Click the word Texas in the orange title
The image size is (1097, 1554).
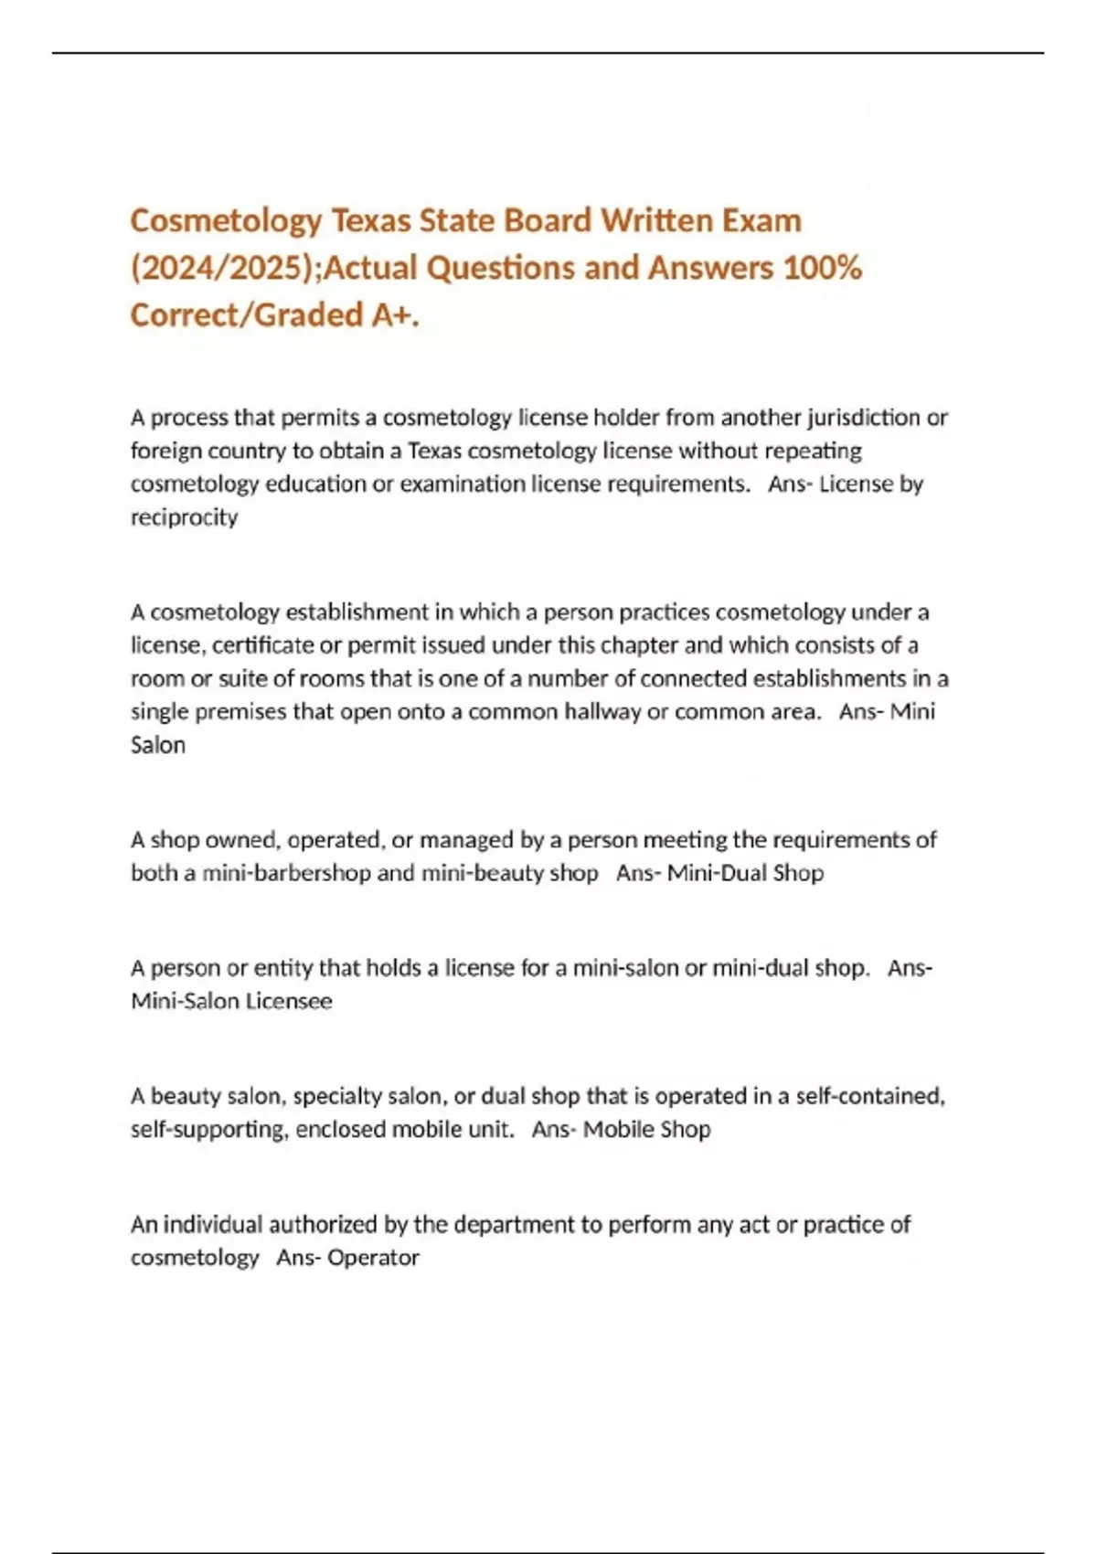point(370,220)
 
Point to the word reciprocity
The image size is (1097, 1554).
point(184,517)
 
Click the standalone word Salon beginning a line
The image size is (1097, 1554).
point(158,745)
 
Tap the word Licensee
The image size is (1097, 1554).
point(289,1001)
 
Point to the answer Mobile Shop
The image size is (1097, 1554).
point(646,1129)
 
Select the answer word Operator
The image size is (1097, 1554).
point(373,1258)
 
